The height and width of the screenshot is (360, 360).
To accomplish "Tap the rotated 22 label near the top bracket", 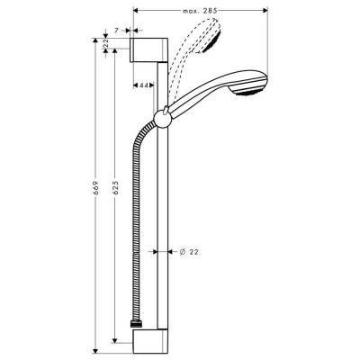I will [110, 46].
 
